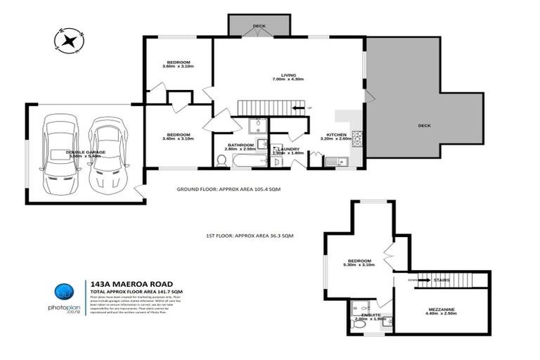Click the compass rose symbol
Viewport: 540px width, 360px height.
pyautogui.click(x=69, y=40)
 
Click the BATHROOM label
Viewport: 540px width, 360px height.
pyautogui.click(x=239, y=146)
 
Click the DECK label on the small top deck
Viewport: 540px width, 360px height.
pyautogui.click(x=259, y=26)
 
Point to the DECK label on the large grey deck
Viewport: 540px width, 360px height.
pyautogui.click(x=424, y=126)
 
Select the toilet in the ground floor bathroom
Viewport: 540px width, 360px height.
pyautogui.click(x=222, y=160)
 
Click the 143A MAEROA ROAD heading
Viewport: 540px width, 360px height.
pyautogui.click(x=128, y=284)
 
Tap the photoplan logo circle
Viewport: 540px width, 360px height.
pyautogui.click(x=63, y=293)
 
